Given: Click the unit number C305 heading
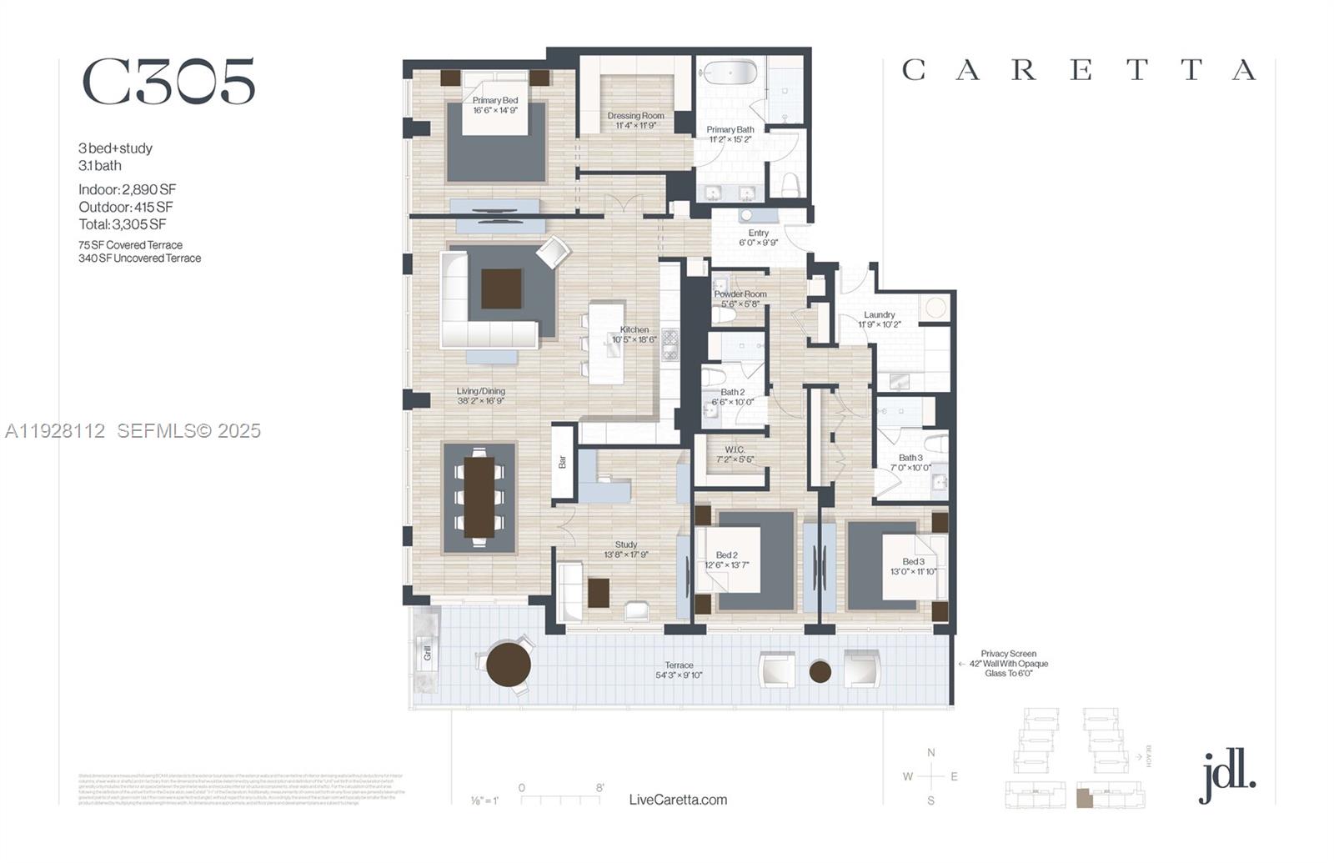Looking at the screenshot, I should [x=168, y=82].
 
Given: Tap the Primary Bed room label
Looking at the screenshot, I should [x=495, y=101].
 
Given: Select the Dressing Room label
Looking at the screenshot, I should [x=635, y=116].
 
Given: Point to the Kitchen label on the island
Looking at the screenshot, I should [x=634, y=330].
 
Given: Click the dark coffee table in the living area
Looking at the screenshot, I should [x=501, y=289].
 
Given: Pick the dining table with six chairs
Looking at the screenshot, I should [x=479, y=497].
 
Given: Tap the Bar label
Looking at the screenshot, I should [x=563, y=461].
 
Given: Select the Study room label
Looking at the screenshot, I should [x=626, y=544].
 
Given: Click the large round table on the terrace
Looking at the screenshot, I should [x=509, y=664].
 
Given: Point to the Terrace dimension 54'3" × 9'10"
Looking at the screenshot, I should [x=679, y=675].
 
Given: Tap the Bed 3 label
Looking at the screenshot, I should [x=913, y=562].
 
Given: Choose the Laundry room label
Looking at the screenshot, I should [x=880, y=314].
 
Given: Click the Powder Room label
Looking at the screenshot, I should [x=740, y=294].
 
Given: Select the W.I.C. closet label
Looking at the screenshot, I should [x=735, y=449].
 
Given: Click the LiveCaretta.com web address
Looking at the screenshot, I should [x=678, y=800].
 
